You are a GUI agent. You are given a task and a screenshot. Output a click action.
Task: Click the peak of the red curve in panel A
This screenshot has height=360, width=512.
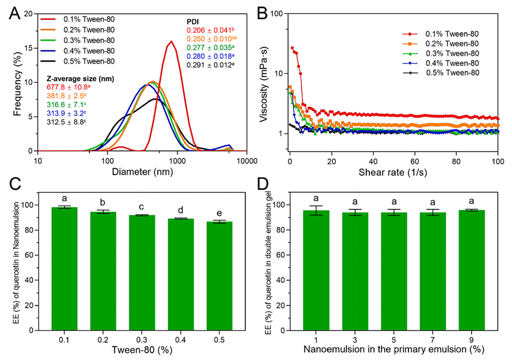coord(171,41)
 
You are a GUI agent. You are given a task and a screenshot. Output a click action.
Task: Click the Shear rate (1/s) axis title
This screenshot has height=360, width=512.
coord(394,173)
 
